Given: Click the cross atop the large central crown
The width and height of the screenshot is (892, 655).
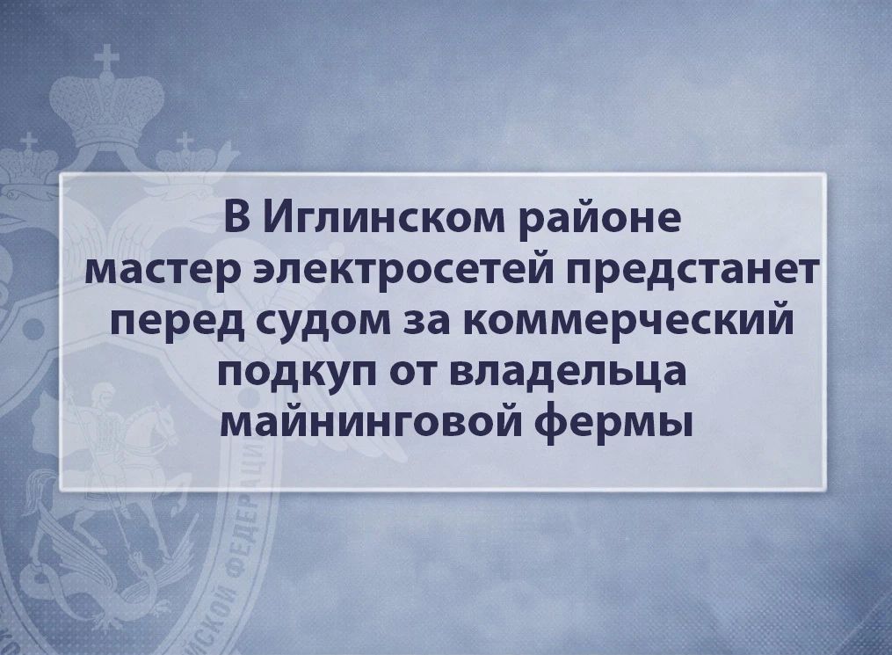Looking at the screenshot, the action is click(107, 59).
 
